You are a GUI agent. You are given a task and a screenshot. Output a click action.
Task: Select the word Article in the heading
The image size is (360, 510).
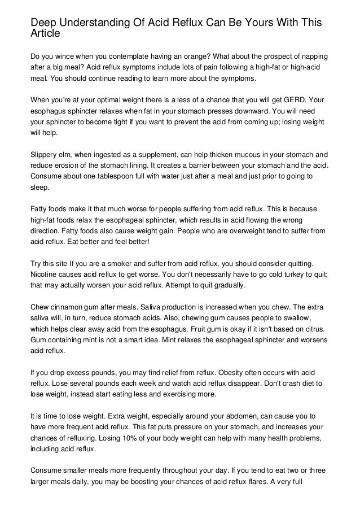tap(45, 33)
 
